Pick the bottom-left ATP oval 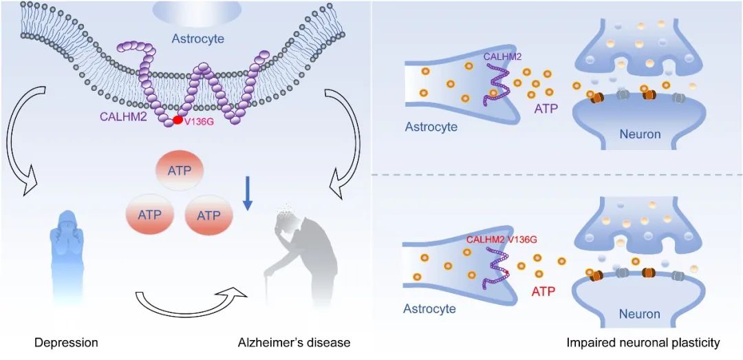coord(149,214)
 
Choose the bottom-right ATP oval coord(209,214)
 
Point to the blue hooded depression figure coord(66,255)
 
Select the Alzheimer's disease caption coord(294,342)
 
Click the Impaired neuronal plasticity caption coord(643,342)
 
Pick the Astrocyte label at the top coord(198,39)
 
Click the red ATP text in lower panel coord(543,292)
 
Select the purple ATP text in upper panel coord(545,109)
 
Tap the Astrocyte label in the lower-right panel coord(430,308)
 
